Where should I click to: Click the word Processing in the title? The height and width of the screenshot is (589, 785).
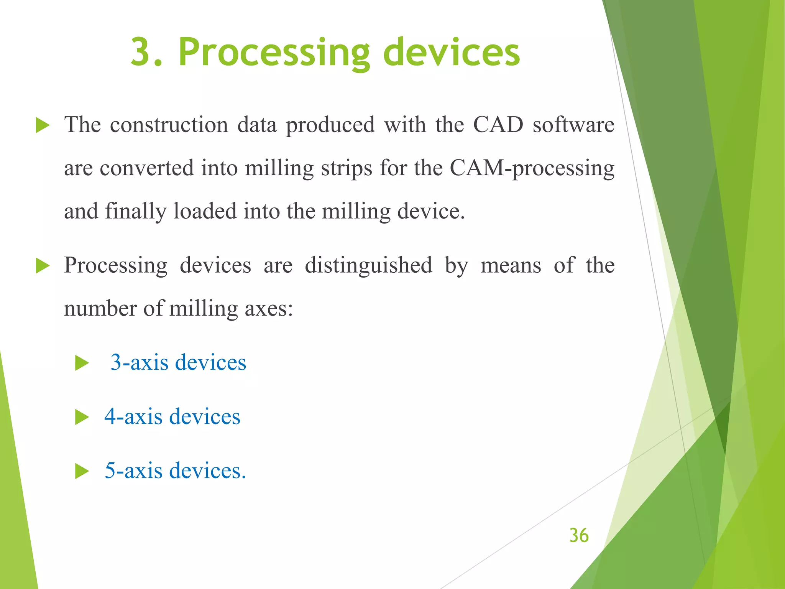[x=274, y=53]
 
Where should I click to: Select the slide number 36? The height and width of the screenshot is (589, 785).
[x=579, y=535]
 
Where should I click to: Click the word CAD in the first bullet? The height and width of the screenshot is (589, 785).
[x=498, y=125]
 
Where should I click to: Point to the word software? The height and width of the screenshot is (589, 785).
[x=573, y=125]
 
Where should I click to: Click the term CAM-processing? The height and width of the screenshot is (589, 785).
[x=532, y=168]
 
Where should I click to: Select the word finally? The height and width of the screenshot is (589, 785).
[x=136, y=211]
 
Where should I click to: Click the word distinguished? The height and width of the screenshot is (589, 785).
[x=368, y=265]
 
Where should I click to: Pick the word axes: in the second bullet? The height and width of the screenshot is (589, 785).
[x=269, y=308]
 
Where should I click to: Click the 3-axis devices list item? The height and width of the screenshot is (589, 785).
[x=178, y=362]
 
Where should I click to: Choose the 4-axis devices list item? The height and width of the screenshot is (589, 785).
[x=172, y=416]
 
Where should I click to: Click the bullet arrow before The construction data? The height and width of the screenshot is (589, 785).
[x=43, y=125]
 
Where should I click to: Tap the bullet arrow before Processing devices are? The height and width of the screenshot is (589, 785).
[x=43, y=266]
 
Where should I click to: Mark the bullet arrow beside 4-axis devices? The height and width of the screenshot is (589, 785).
[x=82, y=417]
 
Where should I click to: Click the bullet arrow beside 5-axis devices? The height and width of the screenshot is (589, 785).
[x=82, y=471]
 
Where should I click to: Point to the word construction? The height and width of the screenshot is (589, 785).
[x=169, y=125]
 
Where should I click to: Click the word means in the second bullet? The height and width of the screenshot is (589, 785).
[x=511, y=265]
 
